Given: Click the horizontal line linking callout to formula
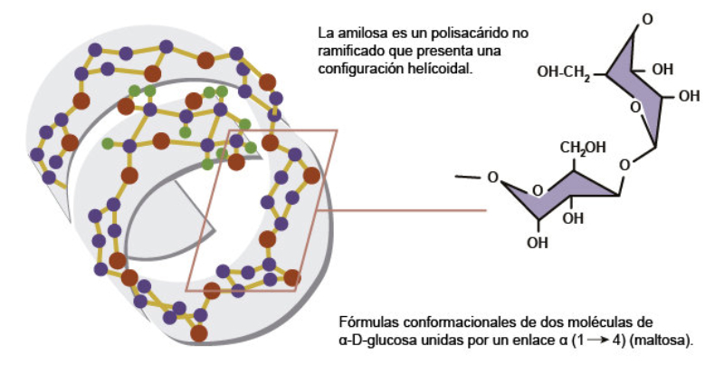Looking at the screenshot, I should [x=413, y=210].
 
